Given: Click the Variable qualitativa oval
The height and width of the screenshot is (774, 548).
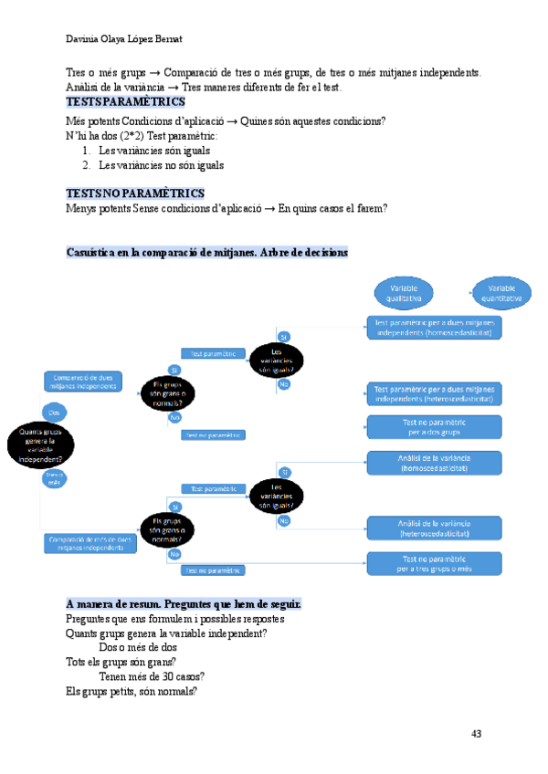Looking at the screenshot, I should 405,292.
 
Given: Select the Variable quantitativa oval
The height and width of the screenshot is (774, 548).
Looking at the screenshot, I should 502,292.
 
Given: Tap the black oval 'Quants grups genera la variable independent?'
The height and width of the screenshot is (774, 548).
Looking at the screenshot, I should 41,445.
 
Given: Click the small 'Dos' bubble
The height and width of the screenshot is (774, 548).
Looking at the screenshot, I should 54,413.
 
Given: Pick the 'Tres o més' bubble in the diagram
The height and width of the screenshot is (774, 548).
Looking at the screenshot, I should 55,479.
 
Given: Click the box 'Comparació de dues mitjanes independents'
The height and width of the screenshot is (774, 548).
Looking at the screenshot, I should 82,382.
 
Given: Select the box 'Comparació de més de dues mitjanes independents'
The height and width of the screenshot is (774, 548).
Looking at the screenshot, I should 89,543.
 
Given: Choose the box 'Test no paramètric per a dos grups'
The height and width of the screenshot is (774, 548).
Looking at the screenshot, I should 434,427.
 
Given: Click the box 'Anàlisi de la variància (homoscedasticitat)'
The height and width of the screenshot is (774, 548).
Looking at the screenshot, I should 434,463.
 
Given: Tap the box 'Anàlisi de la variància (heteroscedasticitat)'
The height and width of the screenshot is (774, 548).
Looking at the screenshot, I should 434,528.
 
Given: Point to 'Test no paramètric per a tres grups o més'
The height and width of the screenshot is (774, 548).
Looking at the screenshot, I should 434,563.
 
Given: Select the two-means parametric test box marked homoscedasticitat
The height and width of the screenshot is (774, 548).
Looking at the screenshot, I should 434,328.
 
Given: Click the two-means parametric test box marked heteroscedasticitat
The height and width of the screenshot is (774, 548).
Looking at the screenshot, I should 434,393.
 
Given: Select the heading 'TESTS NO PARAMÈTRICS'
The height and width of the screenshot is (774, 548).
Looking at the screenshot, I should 135,193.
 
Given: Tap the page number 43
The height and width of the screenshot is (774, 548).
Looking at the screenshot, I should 476,733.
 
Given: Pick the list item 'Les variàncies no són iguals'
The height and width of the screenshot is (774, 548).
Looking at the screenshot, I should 161,165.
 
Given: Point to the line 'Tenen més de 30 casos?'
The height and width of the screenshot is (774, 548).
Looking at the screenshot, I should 152,676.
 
